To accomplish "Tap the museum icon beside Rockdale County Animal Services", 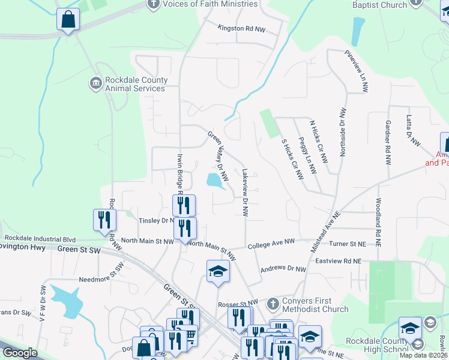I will (x=95, y=83).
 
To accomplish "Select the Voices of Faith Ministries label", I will (x=210, y=4).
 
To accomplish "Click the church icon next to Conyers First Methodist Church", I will (x=273, y=302).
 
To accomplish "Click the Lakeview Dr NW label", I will (x=245, y=192).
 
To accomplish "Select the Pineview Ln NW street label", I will (x=364, y=71).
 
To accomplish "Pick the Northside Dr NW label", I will (x=343, y=132).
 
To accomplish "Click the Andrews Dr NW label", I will (x=283, y=269).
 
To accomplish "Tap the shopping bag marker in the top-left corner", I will (x=68, y=20).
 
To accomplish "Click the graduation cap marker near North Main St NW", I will (x=218, y=271).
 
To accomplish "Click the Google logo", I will (x=20, y=353).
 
